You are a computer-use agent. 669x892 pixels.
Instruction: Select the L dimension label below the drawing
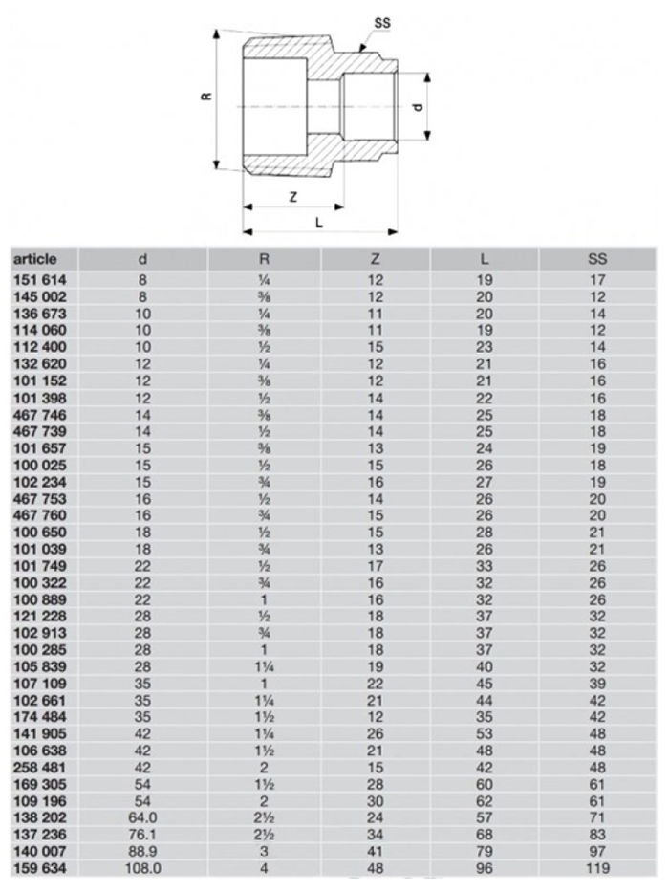[x=319, y=222]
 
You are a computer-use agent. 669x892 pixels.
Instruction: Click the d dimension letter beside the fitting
[x=418, y=108]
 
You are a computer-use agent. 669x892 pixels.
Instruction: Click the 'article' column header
[x=35, y=259]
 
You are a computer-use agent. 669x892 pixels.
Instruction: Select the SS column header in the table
[x=597, y=259]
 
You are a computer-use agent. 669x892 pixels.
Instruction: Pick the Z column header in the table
[x=375, y=259]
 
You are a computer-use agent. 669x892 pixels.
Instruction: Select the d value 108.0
[x=142, y=869]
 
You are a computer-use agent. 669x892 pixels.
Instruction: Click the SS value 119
[x=597, y=869]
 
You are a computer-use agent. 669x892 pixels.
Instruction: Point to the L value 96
[x=485, y=869]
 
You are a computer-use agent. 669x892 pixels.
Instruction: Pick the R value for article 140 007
[x=264, y=853]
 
